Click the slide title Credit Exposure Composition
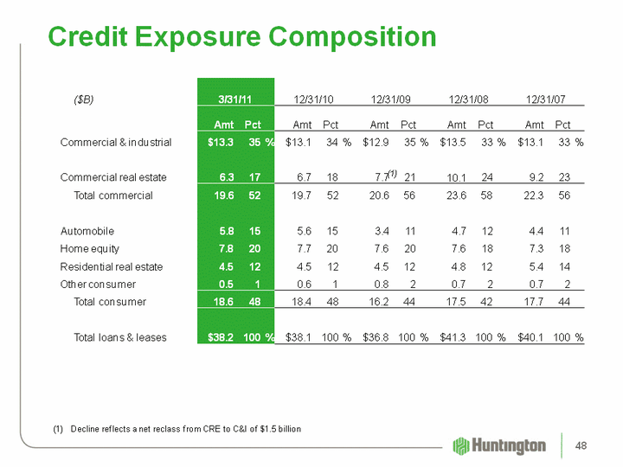pyautogui.click(x=242, y=36)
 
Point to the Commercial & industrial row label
pyautogui.click(x=116, y=142)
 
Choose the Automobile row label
pyautogui.click(x=87, y=231)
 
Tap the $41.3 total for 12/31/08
pyautogui.click(x=456, y=336)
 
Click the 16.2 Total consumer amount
pyautogui.click(x=381, y=302)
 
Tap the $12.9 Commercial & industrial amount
pyautogui.click(x=379, y=142)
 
